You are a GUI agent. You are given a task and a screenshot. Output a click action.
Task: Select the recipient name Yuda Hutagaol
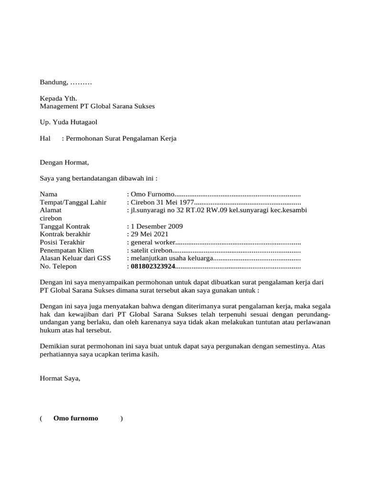pyautogui.click(x=75, y=122)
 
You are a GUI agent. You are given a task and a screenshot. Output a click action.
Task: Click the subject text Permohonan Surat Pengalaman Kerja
pyautogui.click(x=122, y=139)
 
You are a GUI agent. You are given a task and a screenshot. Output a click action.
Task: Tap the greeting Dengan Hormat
pyautogui.click(x=64, y=163)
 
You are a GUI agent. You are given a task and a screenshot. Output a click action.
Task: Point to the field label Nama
pyautogui.click(x=49, y=194)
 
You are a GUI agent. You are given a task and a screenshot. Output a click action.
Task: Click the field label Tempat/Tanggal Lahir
pyautogui.click(x=73, y=203)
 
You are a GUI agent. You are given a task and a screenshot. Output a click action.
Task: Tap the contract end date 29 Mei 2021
pyautogui.click(x=150, y=234)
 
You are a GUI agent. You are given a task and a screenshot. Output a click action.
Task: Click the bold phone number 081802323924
pyautogui.click(x=153, y=266)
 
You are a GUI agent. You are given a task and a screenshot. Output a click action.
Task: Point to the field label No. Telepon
pyautogui.click(x=58, y=266)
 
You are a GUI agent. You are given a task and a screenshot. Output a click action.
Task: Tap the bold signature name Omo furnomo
pyautogui.click(x=76, y=418)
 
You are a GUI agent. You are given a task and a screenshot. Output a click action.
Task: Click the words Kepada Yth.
pyautogui.click(x=58, y=99)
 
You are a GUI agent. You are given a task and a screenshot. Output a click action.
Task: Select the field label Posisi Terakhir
pyautogui.click(x=62, y=243)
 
